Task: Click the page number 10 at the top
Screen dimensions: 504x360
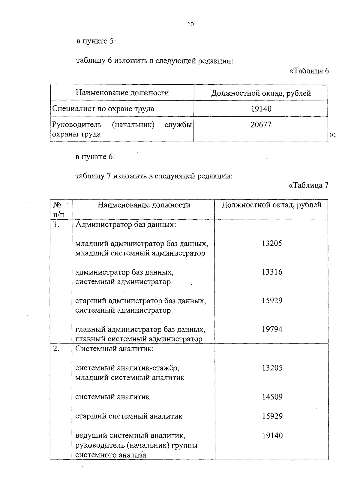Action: [190, 24]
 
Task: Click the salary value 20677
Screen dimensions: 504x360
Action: [261, 125]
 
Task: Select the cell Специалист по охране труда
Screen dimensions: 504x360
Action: [103, 109]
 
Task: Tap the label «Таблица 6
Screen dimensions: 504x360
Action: [309, 71]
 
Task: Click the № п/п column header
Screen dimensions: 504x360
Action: [58, 209]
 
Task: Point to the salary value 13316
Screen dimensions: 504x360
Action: [272, 272]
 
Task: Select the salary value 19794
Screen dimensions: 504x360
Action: [272, 329]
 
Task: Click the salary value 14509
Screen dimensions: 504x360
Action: [272, 397]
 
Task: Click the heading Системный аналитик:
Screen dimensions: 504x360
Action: [114, 349]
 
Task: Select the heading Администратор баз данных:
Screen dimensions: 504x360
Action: [125, 224]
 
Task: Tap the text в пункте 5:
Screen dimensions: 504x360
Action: [96, 41]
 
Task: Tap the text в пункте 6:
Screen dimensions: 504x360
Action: [95, 157]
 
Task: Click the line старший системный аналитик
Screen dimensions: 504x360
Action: [129, 416]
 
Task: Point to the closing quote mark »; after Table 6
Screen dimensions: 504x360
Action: [332, 135]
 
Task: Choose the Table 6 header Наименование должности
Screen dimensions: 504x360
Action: [122, 93]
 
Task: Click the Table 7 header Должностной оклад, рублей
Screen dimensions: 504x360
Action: [271, 205]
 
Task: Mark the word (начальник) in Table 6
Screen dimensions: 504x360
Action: [133, 124]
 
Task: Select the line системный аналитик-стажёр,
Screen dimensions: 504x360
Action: [127, 368]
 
